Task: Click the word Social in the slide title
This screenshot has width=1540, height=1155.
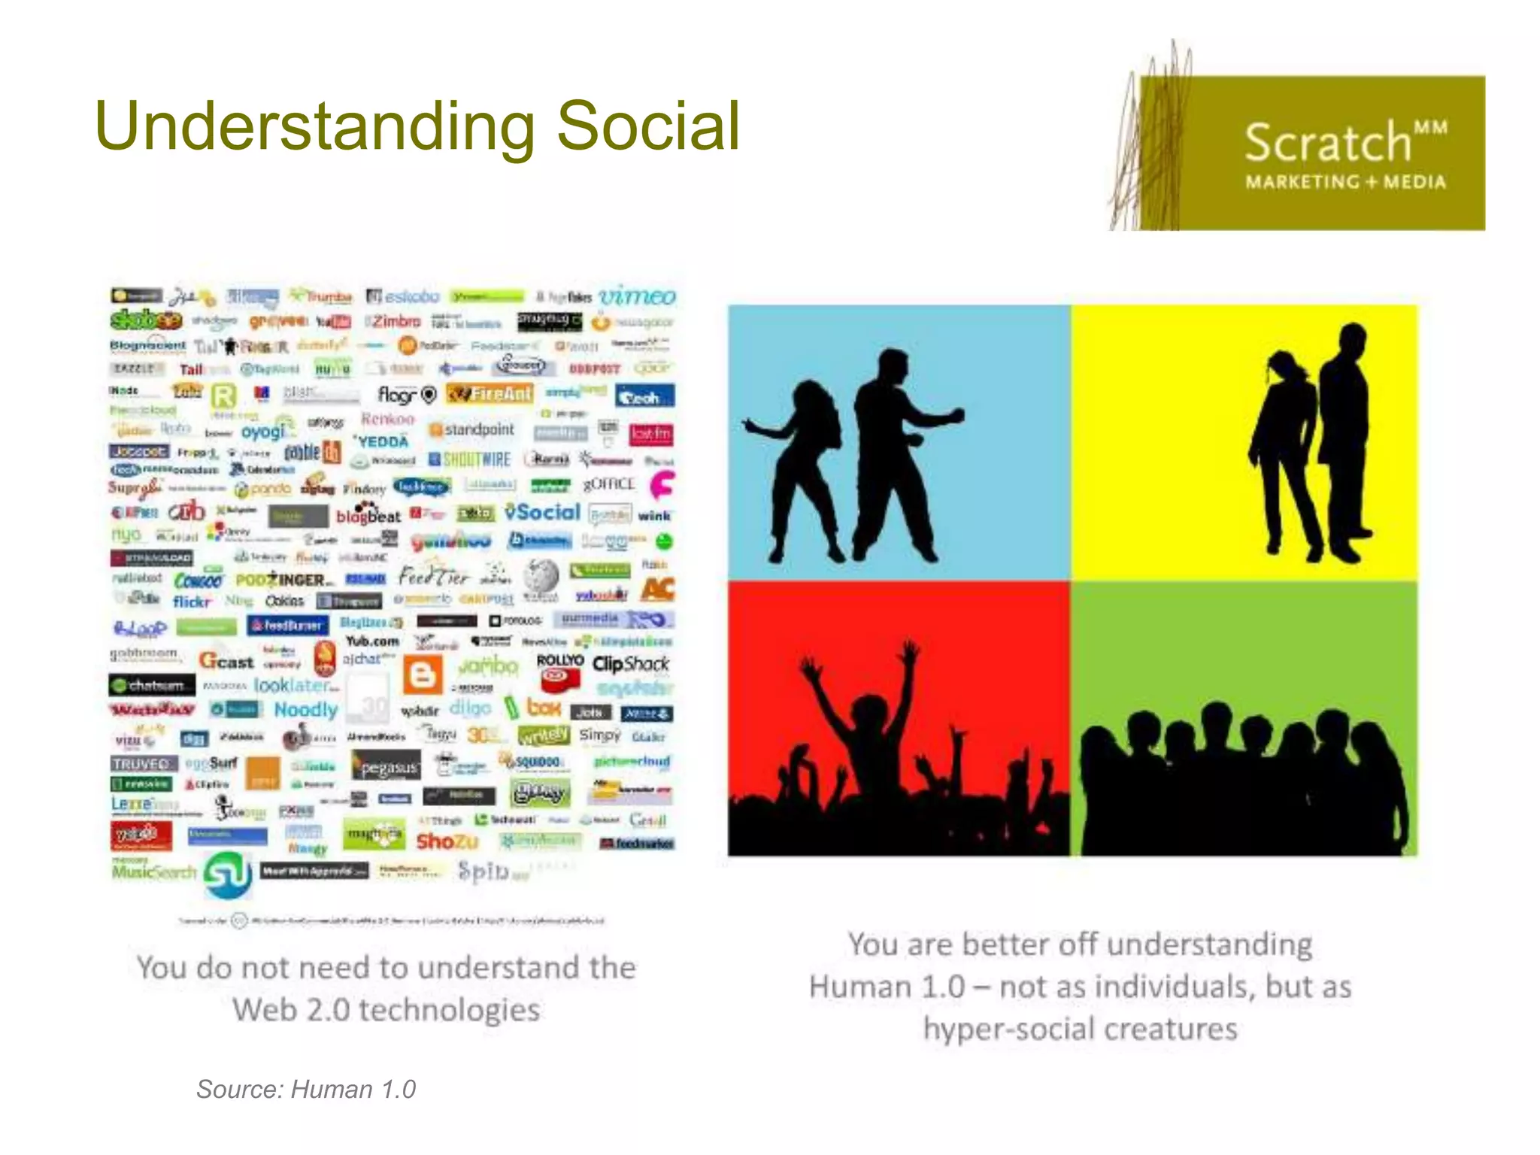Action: (648, 126)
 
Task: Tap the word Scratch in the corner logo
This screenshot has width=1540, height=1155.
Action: (1328, 143)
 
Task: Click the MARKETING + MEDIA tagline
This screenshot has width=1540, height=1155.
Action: (1345, 182)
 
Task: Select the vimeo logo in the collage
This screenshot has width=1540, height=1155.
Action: (637, 296)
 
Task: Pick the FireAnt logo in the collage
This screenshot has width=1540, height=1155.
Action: (490, 393)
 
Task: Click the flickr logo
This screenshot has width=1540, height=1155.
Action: (192, 602)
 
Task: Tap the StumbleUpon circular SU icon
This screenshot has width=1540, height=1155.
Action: (228, 875)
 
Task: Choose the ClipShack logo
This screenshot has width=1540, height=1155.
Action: (630, 664)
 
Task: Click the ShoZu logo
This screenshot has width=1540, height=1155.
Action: (447, 841)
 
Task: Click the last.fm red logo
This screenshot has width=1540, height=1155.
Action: (651, 434)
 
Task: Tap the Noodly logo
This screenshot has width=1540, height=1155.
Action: (305, 709)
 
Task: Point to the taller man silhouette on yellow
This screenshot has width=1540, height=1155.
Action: (1346, 436)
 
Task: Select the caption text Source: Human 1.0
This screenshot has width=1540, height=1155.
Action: (306, 1089)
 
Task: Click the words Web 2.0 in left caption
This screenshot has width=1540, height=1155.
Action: (290, 1010)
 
